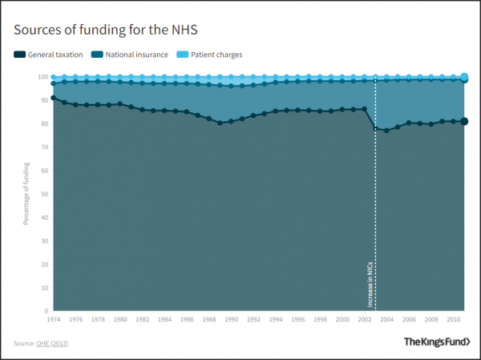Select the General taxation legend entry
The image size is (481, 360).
pyautogui.click(x=51, y=55)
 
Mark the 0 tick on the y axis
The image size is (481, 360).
pyautogui.click(x=45, y=310)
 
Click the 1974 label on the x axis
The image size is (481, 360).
pyautogui.click(x=53, y=319)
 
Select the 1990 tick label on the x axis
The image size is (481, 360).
pyautogui.click(x=232, y=319)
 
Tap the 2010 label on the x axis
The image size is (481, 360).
pyautogui.click(x=454, y=319)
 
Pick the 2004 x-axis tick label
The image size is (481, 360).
pyautogui.click(x=387, y=319)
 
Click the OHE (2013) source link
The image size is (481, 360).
pyautogui.click(x=54, y=343)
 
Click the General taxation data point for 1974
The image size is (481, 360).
pyautogui.click(x=53, y=98)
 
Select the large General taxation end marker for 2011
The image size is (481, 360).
pyautogui.click(x=465, y=121)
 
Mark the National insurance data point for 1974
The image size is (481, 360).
pyautogui.click(x=53, y=83)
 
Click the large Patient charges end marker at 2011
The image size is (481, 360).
pyautogui.click(x=465, y=77)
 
